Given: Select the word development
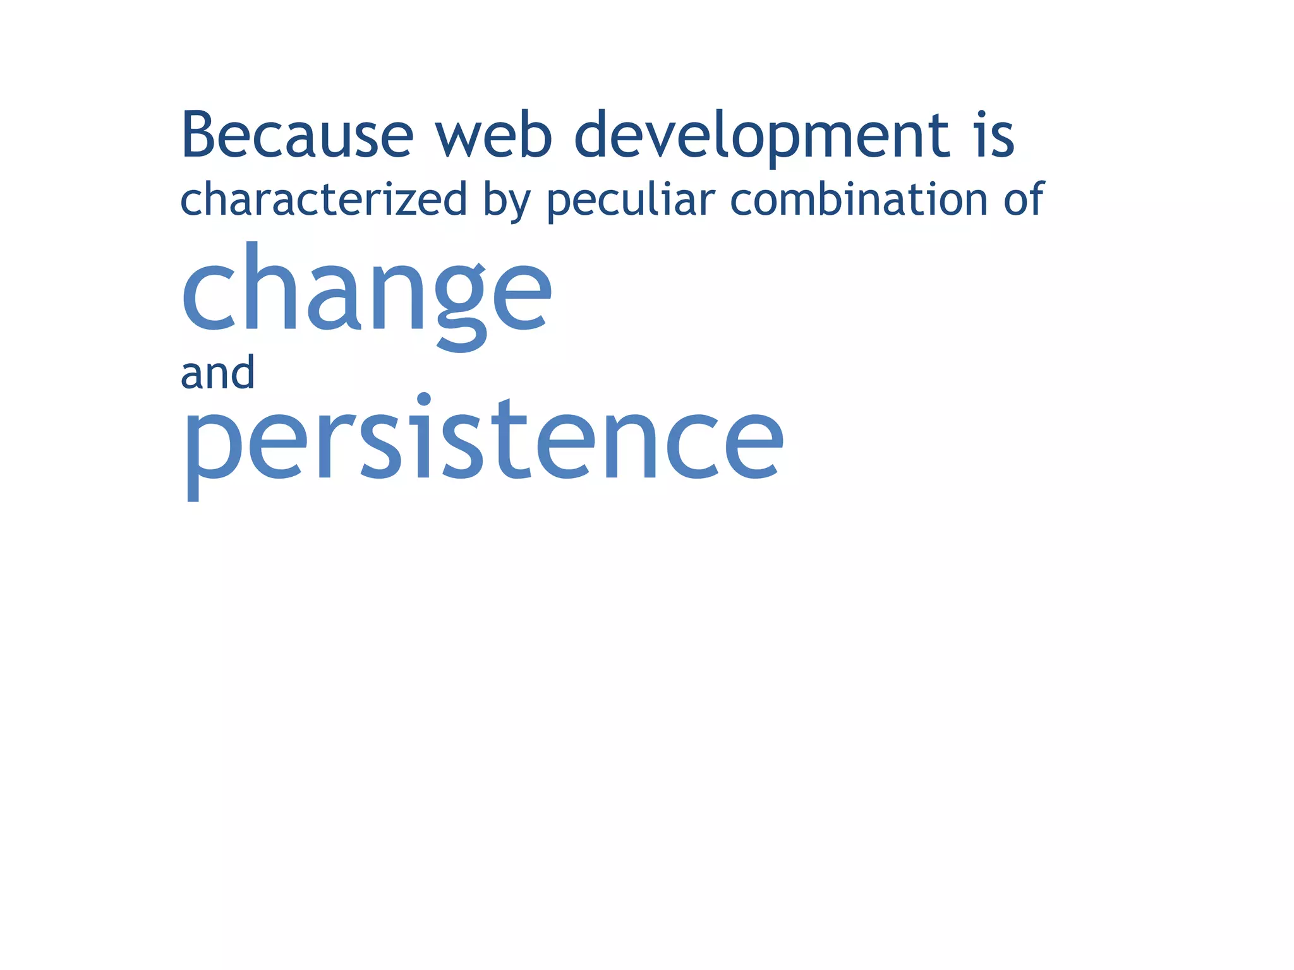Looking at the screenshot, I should (x=761, y=136).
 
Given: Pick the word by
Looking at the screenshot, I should (x=506, y=201).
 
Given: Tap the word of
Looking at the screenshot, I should (x=1024, y=198).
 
